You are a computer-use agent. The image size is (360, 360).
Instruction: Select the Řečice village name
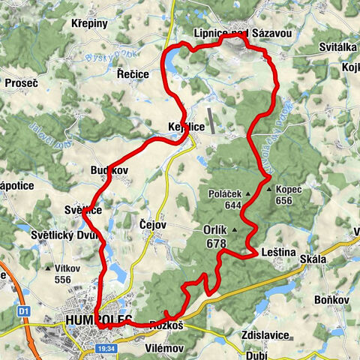coord(133,75)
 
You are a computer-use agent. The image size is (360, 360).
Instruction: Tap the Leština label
coord(277,253)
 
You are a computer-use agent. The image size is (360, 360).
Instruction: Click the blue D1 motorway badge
coord(24,310)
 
